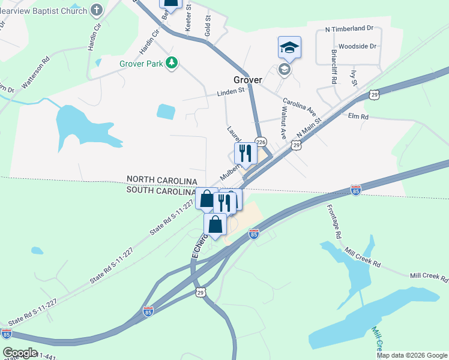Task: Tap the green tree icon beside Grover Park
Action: (172, 62)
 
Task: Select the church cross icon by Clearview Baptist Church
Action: (97, 10)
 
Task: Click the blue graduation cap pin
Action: (289, 48)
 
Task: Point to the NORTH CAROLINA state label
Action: (161, 181)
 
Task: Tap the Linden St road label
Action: (231, 92)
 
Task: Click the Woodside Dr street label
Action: (357, 46)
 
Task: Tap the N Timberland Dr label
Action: (349, 28)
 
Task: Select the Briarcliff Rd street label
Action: (333, 66)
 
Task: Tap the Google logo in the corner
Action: (20, 352)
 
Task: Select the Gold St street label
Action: (208, 26)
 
